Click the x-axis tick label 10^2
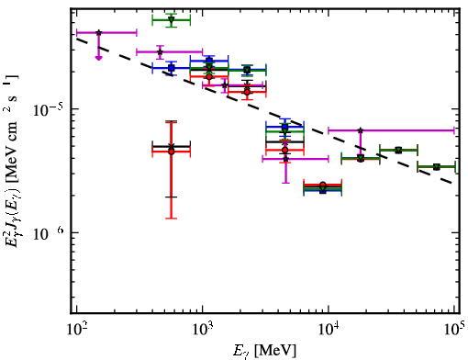coord(76,330)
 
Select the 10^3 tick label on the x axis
coord(202,330)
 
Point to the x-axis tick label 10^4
coord(329,330)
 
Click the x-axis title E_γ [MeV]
coord(265,351)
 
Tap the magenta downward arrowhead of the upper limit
coord(98,58)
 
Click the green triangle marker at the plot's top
coord(172,20)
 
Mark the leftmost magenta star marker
coord(98,32)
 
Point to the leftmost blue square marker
coord(172,68)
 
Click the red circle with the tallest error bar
coord(172,152)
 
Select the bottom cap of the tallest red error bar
coord(172,219)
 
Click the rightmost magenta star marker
coord(361,130)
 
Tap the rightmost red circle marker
coord(361,159)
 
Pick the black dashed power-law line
coord(264,111)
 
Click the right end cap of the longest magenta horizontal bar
coord(454,130)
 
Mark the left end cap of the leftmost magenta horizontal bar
coord(76,32)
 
